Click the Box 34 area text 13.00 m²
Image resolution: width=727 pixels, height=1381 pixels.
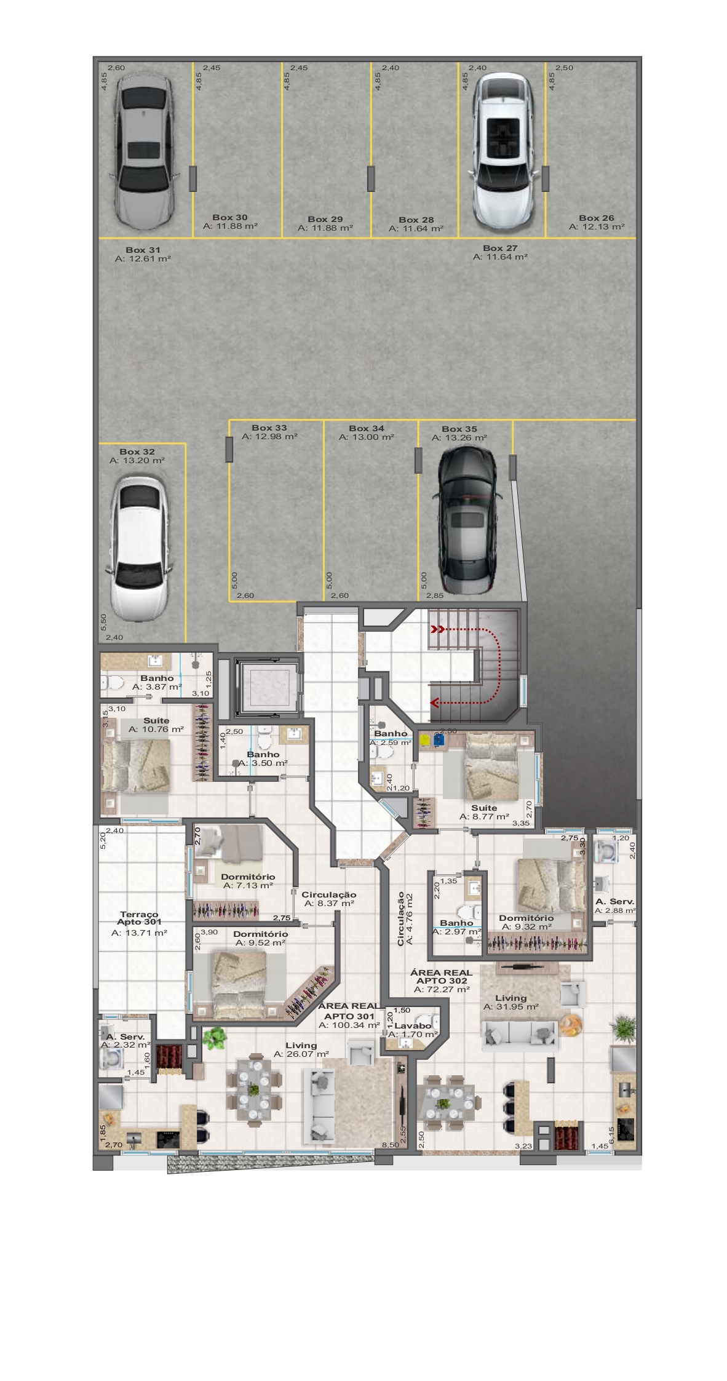pyautogui.click(x=367, y=437)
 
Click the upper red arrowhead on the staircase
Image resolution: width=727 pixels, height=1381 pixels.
pyautogui.click(x=437, y=629)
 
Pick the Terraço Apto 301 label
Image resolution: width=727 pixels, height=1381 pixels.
pyautogui.click(x=140, y=918)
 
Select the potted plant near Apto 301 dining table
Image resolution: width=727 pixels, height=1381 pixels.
pyautogui.click(x=215, y=1038)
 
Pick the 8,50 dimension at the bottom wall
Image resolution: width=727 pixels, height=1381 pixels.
pyautogui.click(x=390, y=1145)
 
